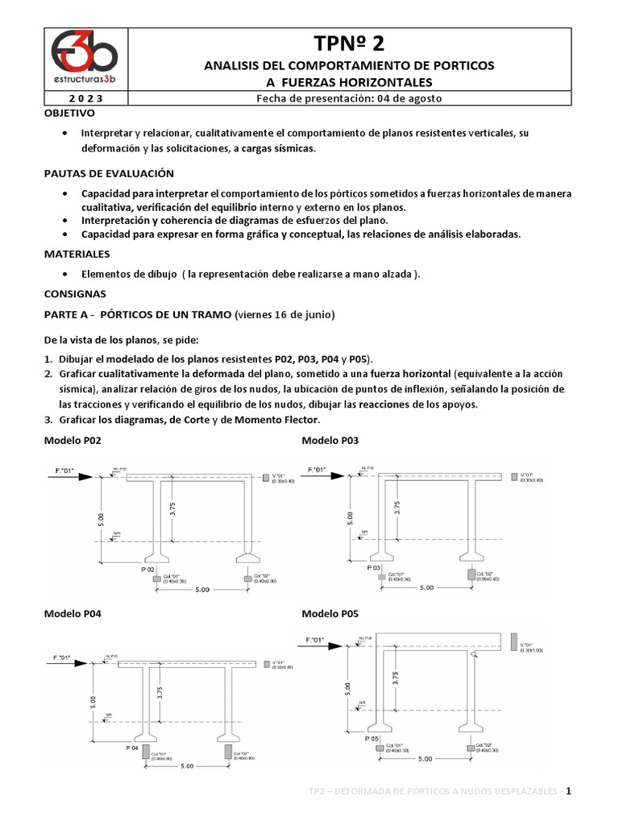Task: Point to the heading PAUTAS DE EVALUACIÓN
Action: point(108,173)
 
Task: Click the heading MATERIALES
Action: point(76,254)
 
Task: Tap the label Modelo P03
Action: point(330,441)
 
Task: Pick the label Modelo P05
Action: point(330,613)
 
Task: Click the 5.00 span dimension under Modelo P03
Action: point(425,587)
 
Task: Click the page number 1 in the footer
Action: point(568,791)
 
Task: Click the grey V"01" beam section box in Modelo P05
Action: point(514,642)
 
